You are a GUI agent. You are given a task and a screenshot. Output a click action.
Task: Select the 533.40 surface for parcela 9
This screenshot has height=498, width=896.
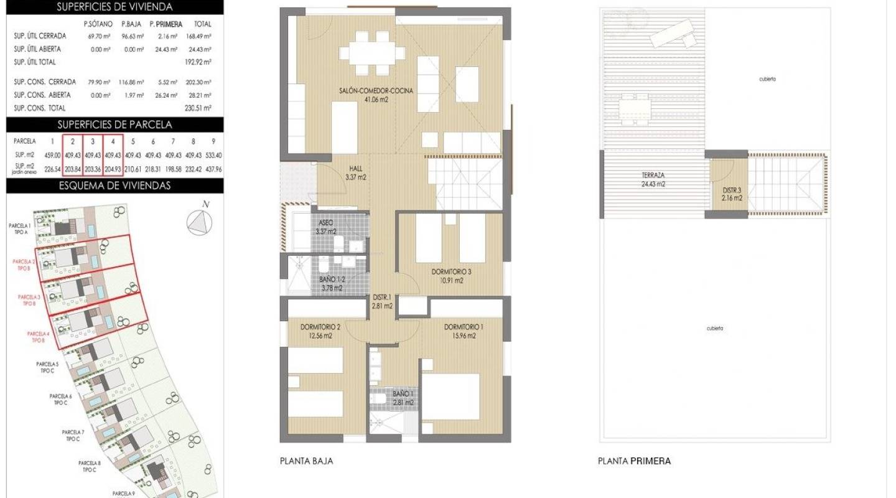[x=213, y=155]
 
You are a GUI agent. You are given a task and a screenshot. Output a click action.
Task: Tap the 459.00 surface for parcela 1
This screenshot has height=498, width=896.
[x=52, y=155]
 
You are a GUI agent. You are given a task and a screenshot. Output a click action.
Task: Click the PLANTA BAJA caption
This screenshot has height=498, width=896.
[x=306, y=461]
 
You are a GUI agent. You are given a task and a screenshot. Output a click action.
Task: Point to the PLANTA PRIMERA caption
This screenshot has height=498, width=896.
[x=634, y=461]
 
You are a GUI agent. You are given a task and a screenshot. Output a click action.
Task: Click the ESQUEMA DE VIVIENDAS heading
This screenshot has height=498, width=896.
[x=114, y=186]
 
